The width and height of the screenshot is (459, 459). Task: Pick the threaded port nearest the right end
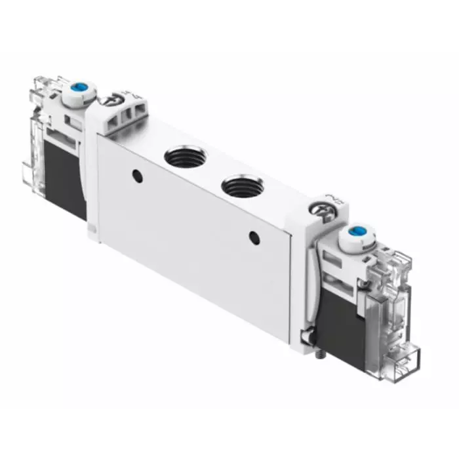point(243,186)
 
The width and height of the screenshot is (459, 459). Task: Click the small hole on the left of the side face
point(136,175)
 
